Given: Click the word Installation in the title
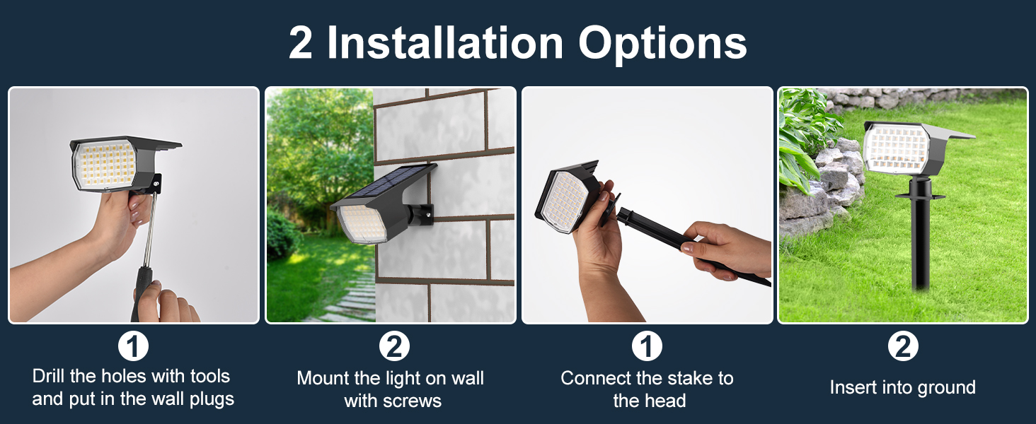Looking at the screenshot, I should point(445,43).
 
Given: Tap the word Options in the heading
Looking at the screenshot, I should point(662,43).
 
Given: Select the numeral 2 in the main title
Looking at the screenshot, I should point(301,43).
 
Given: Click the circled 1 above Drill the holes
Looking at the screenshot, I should point(133,347).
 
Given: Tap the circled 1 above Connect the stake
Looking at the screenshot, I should point(646,347).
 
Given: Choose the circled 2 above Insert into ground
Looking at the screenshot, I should point(903,347).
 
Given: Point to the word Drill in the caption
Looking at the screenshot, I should point(50,376).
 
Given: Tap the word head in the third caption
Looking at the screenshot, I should point(668,401).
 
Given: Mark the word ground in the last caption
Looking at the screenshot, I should point(947,388).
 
